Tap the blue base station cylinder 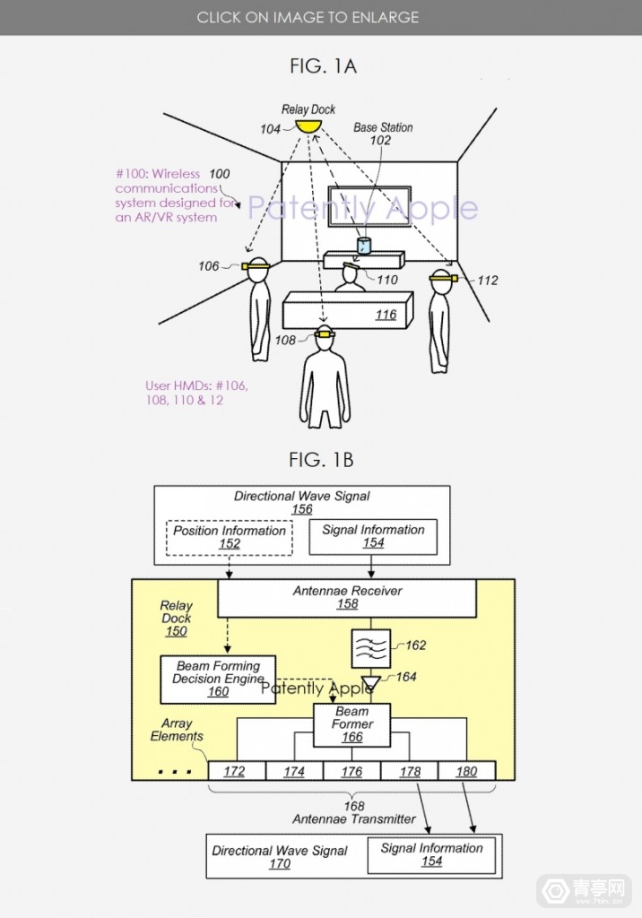(364, 246)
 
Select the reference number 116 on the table (386, 315)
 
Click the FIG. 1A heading (323, 65)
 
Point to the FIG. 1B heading (321, 460)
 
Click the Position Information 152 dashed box (230, 536)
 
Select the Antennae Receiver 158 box (347, 597)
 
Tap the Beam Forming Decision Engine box (218, 679)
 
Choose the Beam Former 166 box (351, 724)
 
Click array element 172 (234, 771)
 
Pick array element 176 (351, 771)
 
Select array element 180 (466, 771)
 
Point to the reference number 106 (208, 266)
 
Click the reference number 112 (487, 281)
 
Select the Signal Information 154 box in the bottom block (431, 854)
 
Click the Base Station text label (383, 127)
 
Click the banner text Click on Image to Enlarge (308, 17)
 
